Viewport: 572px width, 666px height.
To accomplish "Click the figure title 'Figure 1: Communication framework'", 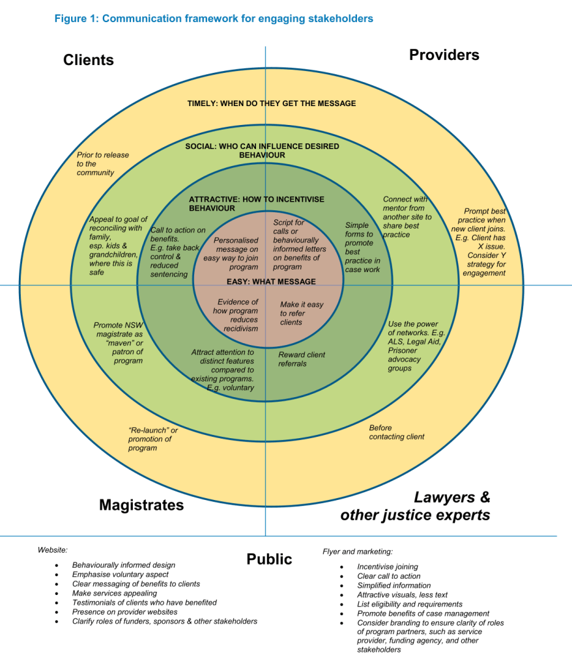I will [x=214, y=18].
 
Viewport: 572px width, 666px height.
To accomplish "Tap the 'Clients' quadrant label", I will [x=89, y=61].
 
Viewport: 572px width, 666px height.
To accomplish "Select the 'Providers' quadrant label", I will [x=444, y=55].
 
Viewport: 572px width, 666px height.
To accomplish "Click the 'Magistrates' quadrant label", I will [x=141, y=505].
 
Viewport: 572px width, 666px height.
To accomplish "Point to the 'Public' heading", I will [x=269, y=559].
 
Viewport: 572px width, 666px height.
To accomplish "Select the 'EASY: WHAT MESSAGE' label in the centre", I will [x=271, y=282].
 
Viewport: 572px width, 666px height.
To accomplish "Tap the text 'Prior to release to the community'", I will [x=103, y=164].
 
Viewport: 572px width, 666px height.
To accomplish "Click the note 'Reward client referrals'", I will [x=302, y=359].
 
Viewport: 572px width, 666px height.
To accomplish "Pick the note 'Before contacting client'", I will [x=396, y=432].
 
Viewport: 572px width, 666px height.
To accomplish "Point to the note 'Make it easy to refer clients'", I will [x=301, y=313].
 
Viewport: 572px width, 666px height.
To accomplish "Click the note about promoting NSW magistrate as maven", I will [x=118, y=342].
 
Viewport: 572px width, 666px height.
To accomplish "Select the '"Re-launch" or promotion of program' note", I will [x=152, y=439].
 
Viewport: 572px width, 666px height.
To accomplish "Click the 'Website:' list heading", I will [x=52, y=550].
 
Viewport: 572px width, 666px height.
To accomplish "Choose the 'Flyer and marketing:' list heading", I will [x=358, y=551].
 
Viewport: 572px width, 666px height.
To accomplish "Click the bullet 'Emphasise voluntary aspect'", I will [x=120, y=575].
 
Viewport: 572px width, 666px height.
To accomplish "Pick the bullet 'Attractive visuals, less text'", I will [x=402, y=595].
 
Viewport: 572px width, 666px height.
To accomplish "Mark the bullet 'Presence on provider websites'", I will [x=124, y=612].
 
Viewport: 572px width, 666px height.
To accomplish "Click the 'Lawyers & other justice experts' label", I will [x=415, y=506].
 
